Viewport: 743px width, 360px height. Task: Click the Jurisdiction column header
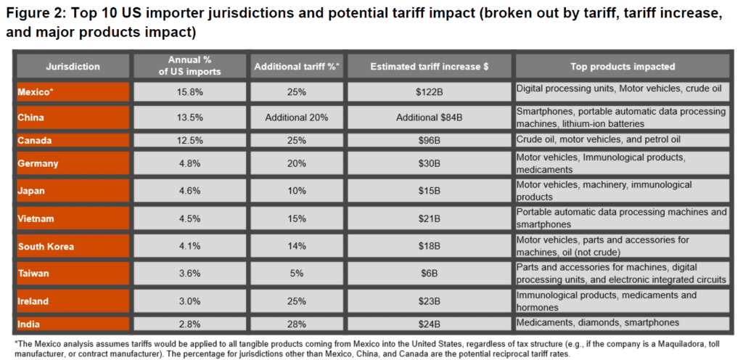click(x=73, y=66)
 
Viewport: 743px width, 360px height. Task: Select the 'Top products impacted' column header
click(x=623, y=66)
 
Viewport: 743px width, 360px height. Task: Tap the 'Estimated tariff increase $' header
click(x=430, y=66)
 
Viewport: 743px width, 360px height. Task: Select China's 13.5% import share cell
click(x=189, y=117)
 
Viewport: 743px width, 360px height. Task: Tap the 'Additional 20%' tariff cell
click(x=297, y=117)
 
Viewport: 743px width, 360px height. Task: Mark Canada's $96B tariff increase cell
click(x=430, y=139)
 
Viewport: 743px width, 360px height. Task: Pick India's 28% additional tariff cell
click(x=297, y=323)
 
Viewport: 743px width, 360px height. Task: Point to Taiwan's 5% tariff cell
click(x=297, y=274)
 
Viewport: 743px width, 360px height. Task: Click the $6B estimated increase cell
click(x=430, y=274)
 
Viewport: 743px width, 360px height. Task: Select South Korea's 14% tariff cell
click(x=297, y=246)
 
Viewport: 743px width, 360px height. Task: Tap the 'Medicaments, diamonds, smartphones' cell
click(x=598, y=322)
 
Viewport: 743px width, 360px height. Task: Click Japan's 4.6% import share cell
click(x=189, y=191)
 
